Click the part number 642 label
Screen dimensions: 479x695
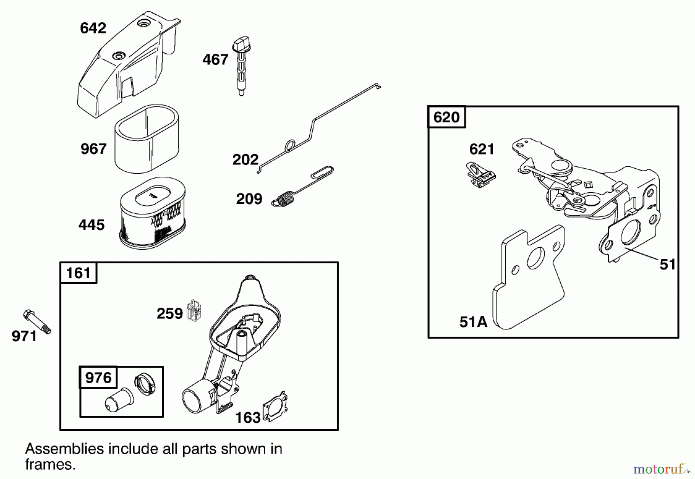[x=93, y=28]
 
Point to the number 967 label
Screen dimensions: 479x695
[x=93, y=149]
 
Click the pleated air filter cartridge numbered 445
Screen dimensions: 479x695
[x=153, y=216]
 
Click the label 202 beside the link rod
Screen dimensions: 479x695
[x=245, y=159]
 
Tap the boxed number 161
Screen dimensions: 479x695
[x=78, y=273]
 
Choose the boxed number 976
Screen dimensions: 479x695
[x=98, y=377]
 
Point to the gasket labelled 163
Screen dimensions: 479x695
[x=275, y=406]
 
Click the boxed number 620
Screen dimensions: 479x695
[x=446, y=117]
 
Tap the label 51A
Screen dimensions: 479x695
[x=473, y=322]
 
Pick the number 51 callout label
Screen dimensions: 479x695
[x=668, y=265]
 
